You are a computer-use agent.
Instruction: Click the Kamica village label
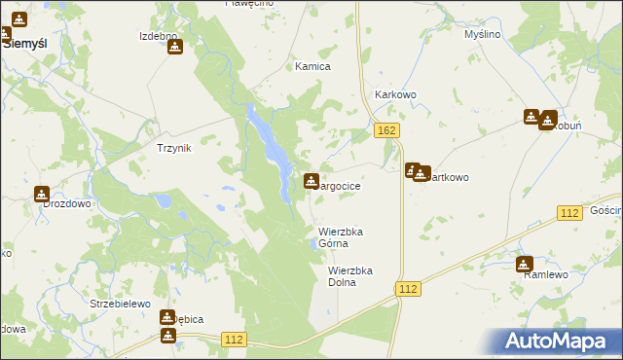313,66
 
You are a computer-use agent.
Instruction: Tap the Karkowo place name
396,94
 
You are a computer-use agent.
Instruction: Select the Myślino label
482,34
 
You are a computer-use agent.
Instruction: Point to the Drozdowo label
66,204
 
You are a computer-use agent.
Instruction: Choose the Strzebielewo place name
120,304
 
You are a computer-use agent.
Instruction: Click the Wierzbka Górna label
341,237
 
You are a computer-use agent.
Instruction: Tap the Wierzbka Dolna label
350,276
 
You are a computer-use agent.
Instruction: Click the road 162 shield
386,130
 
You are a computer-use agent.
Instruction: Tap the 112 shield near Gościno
570,212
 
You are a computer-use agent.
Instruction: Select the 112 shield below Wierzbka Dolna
408,289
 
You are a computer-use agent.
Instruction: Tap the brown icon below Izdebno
174,47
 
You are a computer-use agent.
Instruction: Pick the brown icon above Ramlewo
525,263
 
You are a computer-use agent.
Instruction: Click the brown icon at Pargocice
311,180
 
